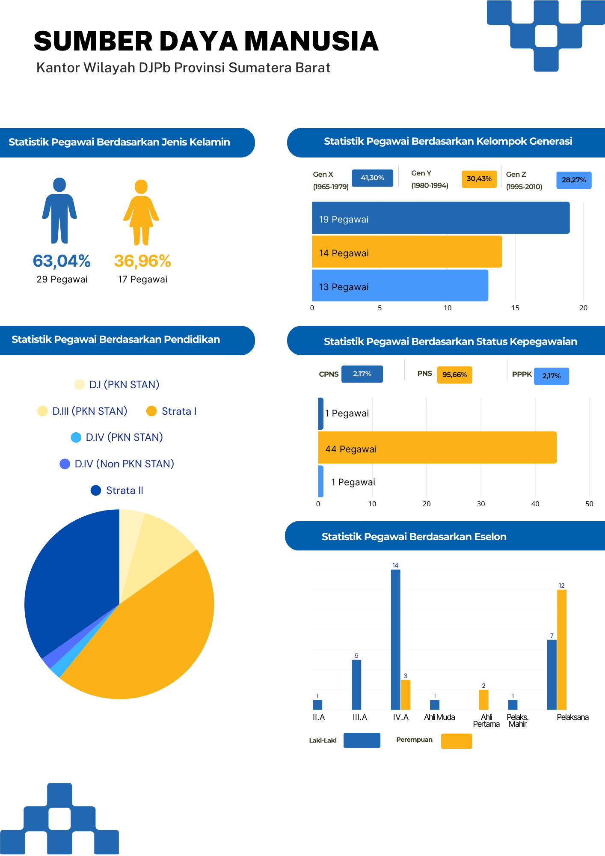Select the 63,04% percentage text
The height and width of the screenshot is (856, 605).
(62, 261)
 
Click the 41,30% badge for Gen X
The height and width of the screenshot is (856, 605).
(372, 178)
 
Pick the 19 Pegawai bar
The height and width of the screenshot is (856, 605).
(441, 218)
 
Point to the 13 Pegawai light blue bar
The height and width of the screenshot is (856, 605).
(400, 285)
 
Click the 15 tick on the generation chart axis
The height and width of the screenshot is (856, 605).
(515, 308)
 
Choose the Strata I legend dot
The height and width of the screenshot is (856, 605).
(151, 411)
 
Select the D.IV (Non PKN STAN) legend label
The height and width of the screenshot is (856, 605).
(124, 464)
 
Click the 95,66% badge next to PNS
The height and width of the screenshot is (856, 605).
(454, 375)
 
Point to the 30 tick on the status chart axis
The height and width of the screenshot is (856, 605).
(481, 504)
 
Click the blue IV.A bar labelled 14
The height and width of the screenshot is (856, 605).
(395, 640)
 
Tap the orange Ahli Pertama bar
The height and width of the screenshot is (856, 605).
(483, 700)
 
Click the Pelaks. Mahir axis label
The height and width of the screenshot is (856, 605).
(517, 720)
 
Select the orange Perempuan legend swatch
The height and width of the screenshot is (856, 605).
(457, 741)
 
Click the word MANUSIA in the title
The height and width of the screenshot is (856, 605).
(311, 42)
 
